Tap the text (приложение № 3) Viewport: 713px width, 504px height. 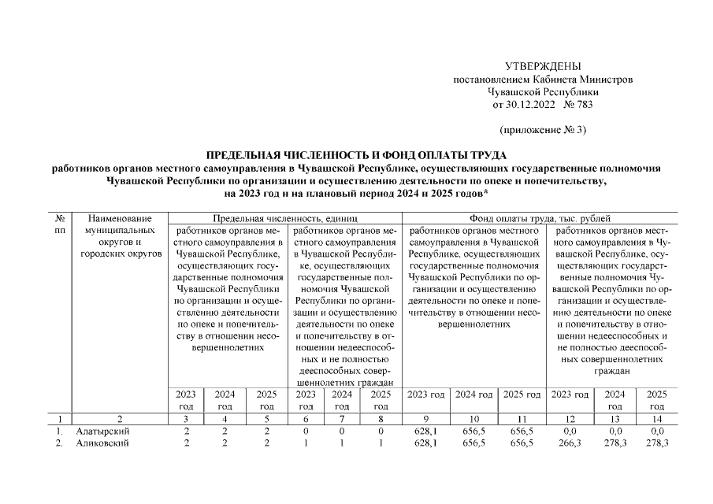pyautogui.click(x=543, y=129)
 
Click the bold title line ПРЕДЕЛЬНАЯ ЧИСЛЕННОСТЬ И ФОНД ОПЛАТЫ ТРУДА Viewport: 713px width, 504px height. pyautogui.click(x=357, y=155)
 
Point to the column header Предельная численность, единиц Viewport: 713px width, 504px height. pyautogui.click(x=287, y=218)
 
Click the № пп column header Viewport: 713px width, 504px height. pyautogui.click(x=60, y=224)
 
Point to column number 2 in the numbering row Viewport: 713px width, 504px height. pyautogui.click(x=121, y=419)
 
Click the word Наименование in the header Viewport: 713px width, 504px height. pyautogui.click(x=121, y=218)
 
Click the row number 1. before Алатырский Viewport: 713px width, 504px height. pyautogui.click(x=59, y=432)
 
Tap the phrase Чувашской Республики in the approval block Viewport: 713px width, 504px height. pyautogui.click(x=542, y=91)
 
